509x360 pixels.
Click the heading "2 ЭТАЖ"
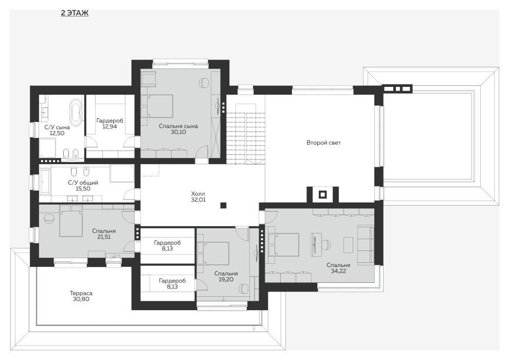[x=75, y=13]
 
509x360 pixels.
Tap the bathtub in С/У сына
[x=76, y=113]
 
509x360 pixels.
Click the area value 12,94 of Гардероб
[x=110, y=127]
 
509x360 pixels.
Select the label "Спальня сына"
[x=178, y=127]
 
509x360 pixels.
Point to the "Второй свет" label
[x=323, y=142]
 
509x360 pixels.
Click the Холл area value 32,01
[x=198, y=200]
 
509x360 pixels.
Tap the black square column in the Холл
[x=223, y=205]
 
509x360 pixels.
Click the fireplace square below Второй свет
[x=322, y=195]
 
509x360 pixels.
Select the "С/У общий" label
[x=83, y=183]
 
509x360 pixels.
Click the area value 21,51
[x=104, y=237]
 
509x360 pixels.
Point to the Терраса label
[x=81, y=293]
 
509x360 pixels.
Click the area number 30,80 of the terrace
[x=81, y=299]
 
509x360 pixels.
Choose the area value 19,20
[x=226, y=279]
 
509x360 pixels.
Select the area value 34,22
[x=338, y=271]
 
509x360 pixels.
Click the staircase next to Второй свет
[x=246, y=134]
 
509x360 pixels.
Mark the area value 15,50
[x=83, y=189]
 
